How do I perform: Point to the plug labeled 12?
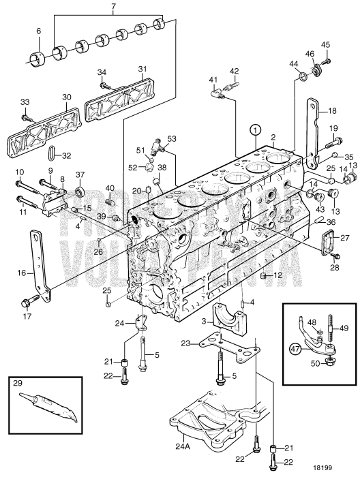click(264, 276)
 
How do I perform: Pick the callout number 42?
click(234, 70)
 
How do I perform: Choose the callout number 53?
click(171, 138)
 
